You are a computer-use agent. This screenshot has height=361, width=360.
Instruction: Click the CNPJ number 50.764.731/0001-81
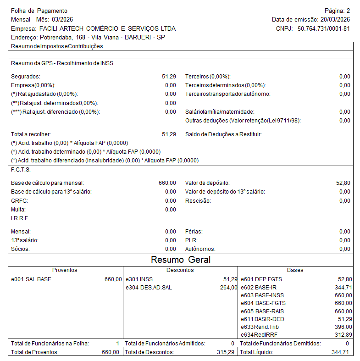coord(324,28)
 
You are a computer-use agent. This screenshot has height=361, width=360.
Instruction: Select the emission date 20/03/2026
coord(335,19)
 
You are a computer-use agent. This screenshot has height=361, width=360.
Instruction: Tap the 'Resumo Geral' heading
coord(181,260)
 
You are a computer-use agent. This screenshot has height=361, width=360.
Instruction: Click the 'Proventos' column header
coord(65,270)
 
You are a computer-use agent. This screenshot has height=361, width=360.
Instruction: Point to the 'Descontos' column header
coord(180,270)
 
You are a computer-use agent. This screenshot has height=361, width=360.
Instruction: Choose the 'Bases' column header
coord(295,270)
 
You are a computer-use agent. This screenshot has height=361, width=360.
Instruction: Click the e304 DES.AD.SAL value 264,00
coord(228,287)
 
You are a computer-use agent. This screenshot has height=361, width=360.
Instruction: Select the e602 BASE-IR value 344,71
coord(343,287)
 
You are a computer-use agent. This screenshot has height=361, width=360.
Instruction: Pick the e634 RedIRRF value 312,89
coord(343,335)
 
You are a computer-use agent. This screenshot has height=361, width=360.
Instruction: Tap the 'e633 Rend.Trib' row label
coord(260,327)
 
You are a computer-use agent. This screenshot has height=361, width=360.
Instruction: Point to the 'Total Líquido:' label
coord(256,352)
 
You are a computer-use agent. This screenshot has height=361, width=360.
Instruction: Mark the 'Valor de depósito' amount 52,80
coord(343,183)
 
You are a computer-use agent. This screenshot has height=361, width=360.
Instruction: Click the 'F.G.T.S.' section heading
coord(21,169)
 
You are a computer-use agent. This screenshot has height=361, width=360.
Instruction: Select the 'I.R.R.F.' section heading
coord(20,218)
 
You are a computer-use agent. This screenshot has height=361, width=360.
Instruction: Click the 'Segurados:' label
coord(25,77)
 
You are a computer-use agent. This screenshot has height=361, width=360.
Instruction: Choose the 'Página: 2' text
coord(337,11)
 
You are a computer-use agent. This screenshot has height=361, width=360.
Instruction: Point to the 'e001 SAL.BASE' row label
coord(31,279)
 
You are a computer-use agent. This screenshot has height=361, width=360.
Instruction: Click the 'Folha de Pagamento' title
coord(39,11)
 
